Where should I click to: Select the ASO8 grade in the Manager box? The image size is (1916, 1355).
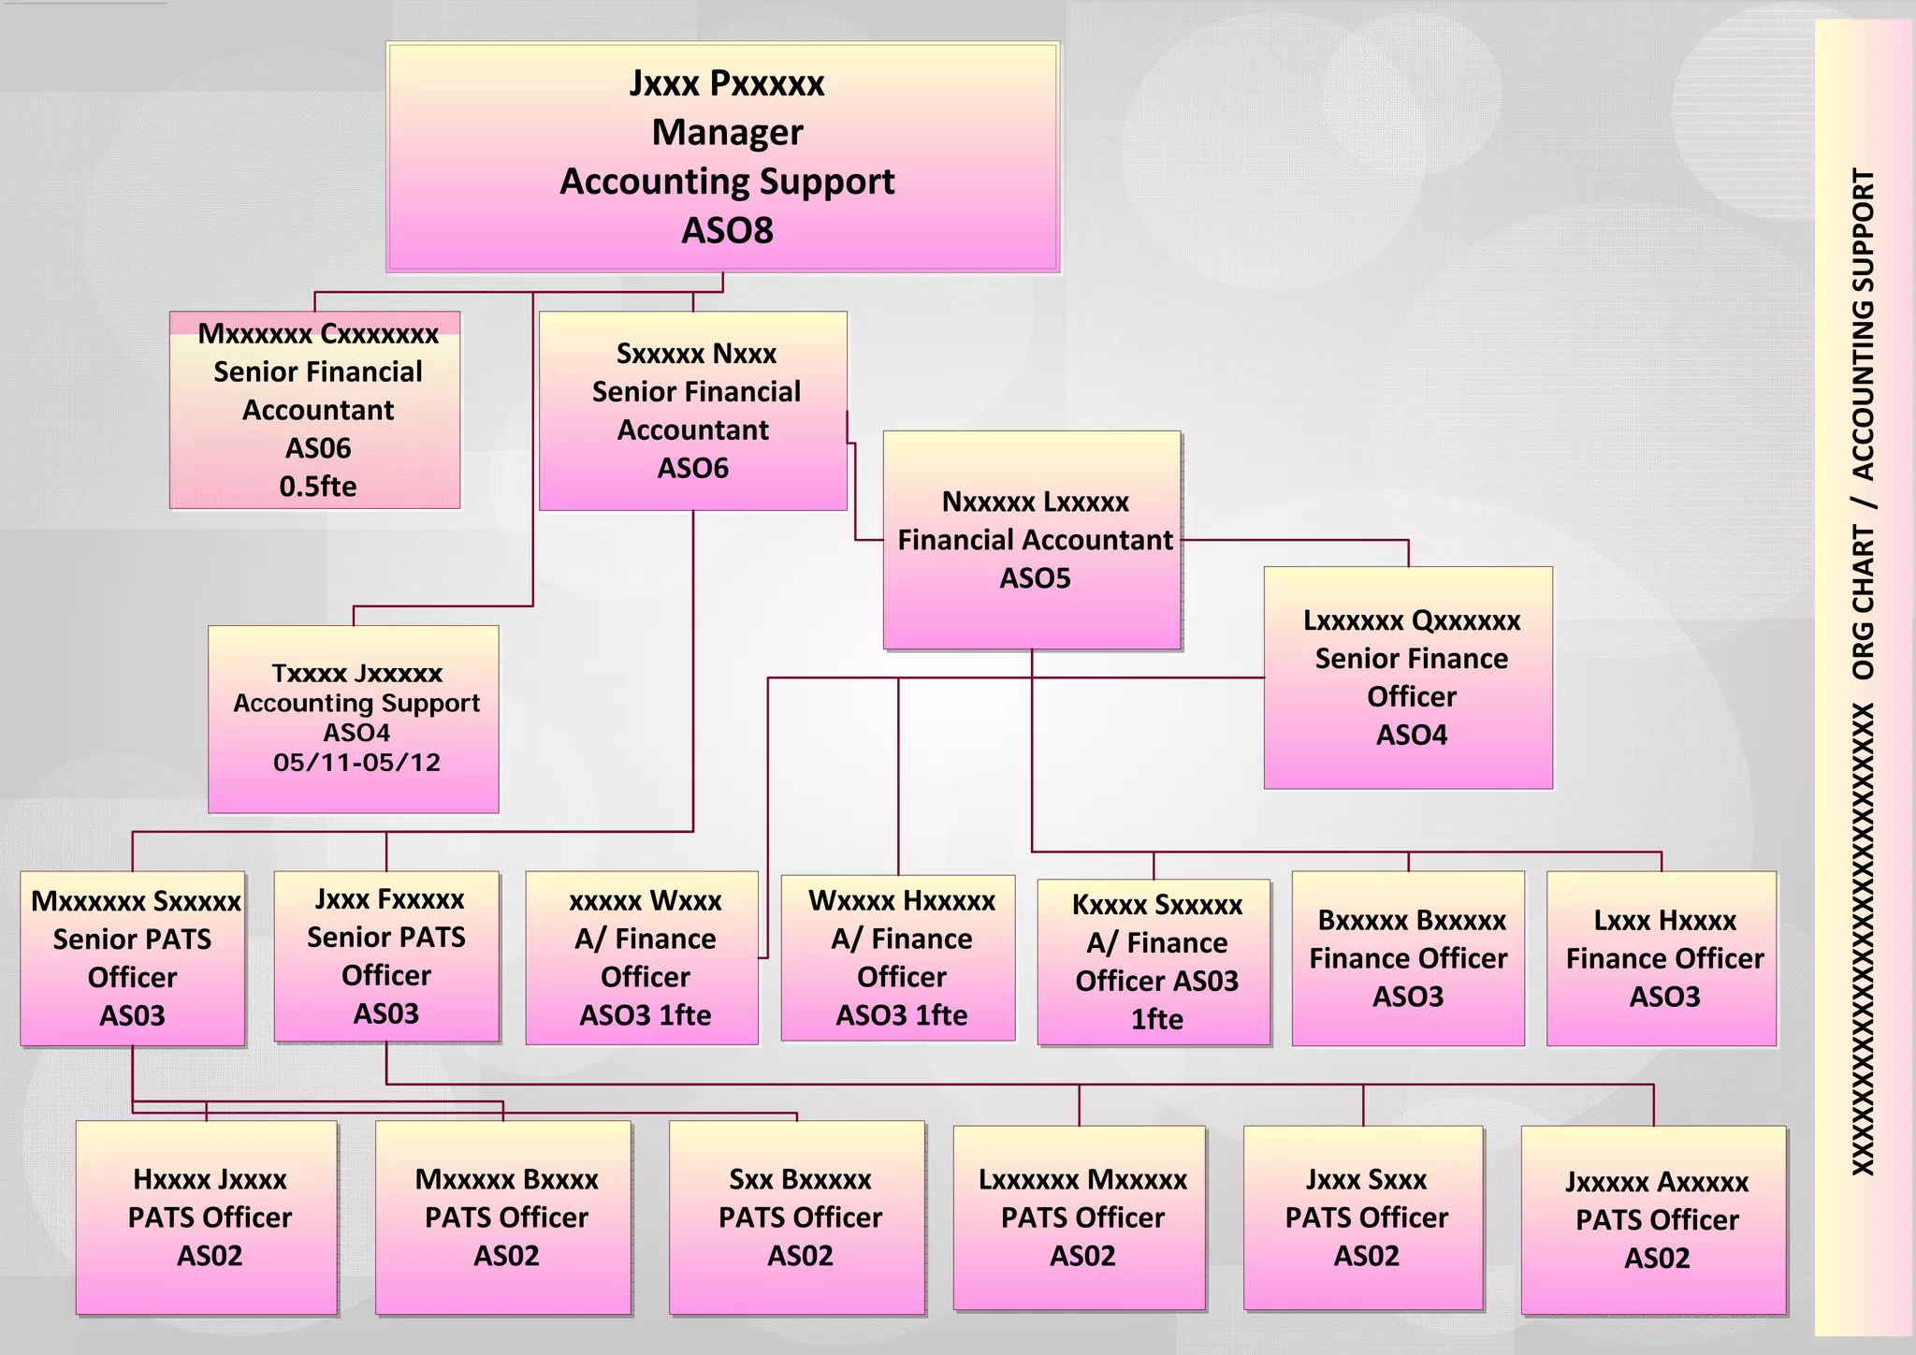point(727,231)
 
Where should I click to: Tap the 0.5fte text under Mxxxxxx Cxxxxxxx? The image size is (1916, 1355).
point(317,487)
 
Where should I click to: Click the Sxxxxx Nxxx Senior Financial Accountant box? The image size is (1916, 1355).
point(693,410)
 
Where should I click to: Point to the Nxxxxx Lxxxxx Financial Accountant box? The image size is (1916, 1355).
point(1032,540)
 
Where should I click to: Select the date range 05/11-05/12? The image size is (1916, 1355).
point(356,763)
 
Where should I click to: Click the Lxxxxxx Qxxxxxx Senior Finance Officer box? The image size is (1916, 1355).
point(1408,677)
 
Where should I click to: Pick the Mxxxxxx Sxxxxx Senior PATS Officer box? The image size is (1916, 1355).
point(133,958)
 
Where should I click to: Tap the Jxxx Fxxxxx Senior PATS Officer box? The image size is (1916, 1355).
point(386,956)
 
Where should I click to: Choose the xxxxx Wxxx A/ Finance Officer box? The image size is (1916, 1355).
point(642,957)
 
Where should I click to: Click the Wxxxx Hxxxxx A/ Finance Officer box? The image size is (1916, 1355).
point(898,957)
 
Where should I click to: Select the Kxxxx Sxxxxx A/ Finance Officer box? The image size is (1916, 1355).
point(1154,961)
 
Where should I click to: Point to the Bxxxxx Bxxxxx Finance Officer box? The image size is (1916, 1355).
point(1408,958)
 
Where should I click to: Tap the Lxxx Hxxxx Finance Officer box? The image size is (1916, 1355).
point(1662,958)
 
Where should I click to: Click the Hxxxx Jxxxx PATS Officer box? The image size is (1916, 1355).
point(207,1217)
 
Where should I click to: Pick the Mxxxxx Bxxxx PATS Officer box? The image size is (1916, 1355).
point(503,1217)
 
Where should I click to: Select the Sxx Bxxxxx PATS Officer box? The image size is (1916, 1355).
point(797,1217)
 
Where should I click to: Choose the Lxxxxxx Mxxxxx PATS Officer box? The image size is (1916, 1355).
point(1080,1217)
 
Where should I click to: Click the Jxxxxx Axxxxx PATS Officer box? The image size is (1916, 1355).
point(1654,1219)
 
